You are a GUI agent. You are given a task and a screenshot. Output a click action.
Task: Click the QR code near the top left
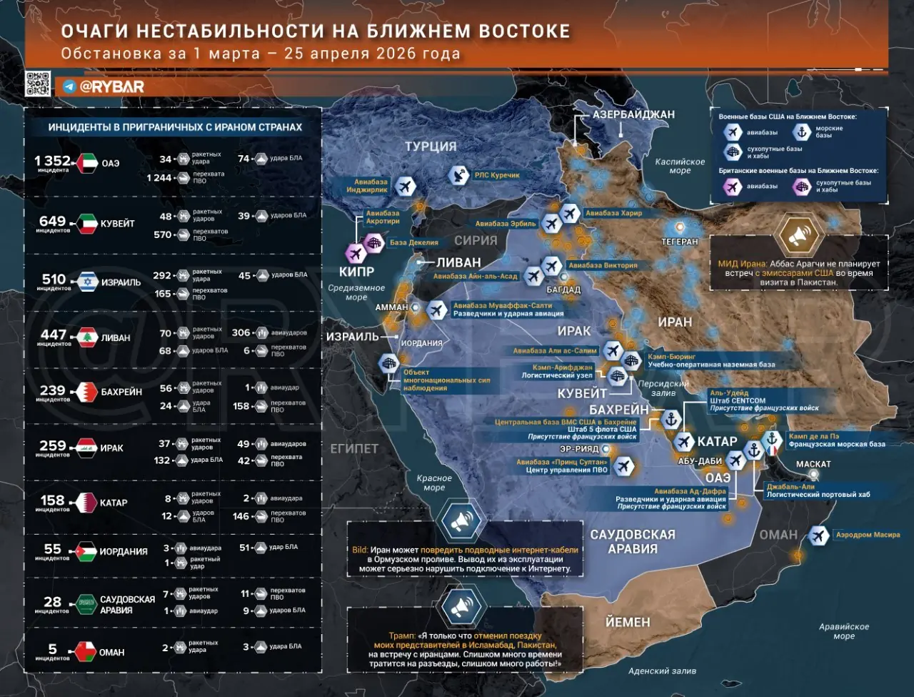38,84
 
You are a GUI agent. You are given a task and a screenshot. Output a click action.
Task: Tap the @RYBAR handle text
111,86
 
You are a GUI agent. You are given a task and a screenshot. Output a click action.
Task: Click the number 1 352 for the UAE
52,161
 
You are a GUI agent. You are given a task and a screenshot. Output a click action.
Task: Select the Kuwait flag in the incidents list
88,224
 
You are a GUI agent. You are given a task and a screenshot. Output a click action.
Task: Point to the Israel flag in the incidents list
88,282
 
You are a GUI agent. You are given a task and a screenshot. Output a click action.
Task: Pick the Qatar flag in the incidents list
88,502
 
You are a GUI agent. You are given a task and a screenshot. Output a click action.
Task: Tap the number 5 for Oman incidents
52,649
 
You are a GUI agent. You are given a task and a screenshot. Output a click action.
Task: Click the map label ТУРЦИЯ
431,147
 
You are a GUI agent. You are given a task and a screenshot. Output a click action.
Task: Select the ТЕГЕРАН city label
679,242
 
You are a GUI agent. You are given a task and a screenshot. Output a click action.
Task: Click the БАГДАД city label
563,290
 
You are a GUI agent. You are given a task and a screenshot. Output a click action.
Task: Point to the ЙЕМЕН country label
628,622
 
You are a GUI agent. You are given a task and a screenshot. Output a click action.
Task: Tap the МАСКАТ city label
813,464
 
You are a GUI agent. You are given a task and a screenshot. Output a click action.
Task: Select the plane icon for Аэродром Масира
818,535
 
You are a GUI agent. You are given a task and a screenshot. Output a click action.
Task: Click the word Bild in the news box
360,550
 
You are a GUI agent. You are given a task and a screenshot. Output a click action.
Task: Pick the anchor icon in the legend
802,132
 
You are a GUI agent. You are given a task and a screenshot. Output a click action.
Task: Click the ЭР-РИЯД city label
579,449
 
